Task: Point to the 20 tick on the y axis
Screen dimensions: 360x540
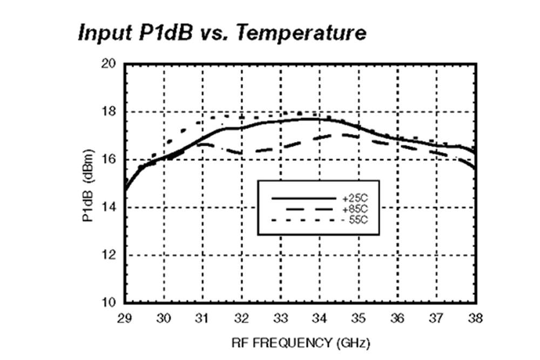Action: click(110, 65)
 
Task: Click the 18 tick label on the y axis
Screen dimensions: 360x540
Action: click(110, 112)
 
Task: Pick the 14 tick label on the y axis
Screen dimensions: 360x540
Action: click(110, 207)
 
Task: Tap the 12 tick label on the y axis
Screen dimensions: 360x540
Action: click(110, 255)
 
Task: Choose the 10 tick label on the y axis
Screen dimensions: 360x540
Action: click(110, 302)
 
